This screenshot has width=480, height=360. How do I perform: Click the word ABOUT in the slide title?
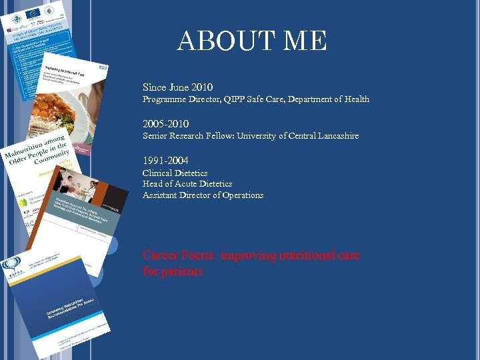[217, 41]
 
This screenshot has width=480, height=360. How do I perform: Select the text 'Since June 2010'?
[177, 87]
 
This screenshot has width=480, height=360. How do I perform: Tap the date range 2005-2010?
[165, 124]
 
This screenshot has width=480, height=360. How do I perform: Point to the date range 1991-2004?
[165, 161]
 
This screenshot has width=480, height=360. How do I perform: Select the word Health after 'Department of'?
[357, 99]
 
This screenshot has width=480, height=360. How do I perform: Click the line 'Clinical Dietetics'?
[175, 173]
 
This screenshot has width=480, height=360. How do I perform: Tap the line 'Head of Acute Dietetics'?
[187, 184]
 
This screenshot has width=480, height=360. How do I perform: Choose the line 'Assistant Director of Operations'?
[203, 195]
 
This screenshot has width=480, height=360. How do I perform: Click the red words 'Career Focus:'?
[179, 255]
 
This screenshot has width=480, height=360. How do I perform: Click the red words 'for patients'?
[173, 272]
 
